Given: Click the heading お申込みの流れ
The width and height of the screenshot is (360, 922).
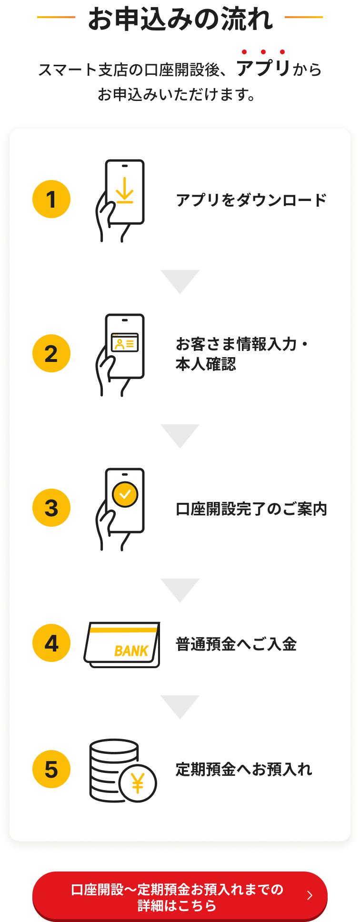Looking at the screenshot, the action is coord(180,20).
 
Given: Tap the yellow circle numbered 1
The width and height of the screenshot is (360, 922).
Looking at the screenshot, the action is coord(51,199).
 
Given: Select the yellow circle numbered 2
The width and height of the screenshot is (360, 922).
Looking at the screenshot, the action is coord(51,353).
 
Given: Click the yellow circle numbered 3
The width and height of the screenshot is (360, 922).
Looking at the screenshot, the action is coord(51,508).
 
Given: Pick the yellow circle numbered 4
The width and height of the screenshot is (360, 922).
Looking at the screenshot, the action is coord(51,643).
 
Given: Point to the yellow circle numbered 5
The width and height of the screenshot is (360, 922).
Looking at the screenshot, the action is coord(51,769).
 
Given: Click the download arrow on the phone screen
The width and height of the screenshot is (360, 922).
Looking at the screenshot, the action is coord(125,190).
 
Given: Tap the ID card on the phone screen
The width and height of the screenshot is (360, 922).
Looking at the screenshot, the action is coord(125,342).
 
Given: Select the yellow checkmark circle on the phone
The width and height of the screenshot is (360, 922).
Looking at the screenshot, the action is coord(125,495).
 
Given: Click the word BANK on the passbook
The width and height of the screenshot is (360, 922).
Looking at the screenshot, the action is coord(131,651).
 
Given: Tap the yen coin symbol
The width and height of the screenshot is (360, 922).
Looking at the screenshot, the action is coord(138,783).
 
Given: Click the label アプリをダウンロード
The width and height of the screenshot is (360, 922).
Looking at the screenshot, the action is coord(251,200).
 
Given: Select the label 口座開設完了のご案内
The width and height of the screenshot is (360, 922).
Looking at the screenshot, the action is coord(251,509).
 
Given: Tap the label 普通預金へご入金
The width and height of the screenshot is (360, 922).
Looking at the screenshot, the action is coord(236,644).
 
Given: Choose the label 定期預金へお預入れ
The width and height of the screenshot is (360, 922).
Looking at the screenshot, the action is coord(244,770).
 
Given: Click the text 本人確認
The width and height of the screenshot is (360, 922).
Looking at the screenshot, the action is coord(206,364).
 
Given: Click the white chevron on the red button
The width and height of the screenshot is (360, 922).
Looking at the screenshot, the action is coord(310,895).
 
